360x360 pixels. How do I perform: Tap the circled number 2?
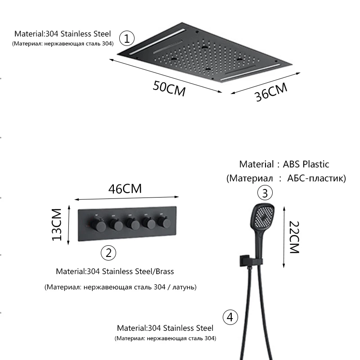(108, 252)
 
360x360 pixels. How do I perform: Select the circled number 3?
(265, 193)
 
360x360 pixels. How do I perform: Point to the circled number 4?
(230, 317)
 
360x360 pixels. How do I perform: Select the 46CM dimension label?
(125, 189)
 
